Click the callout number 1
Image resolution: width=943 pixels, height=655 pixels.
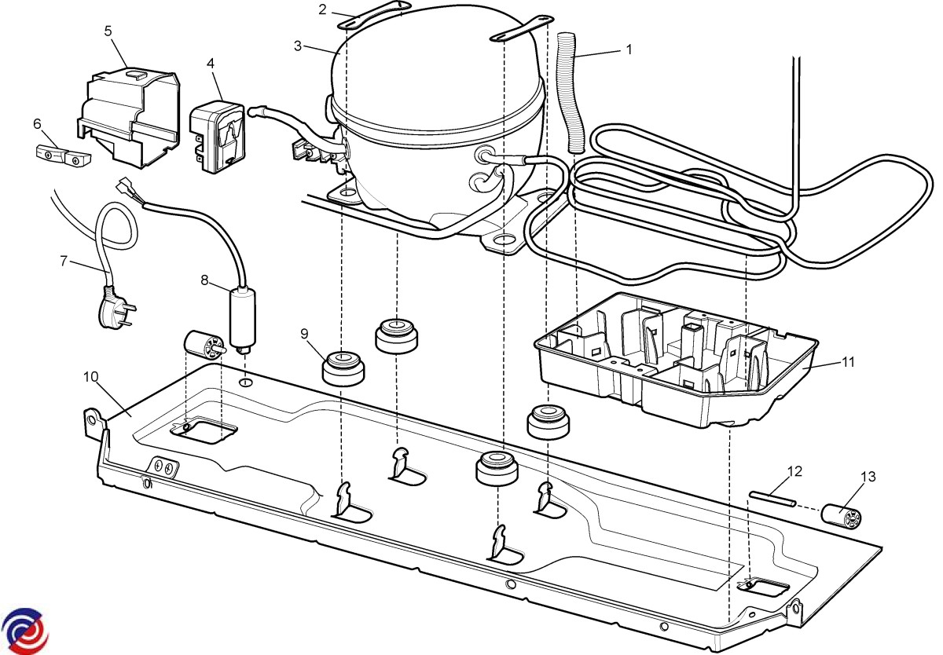tap(629, 49)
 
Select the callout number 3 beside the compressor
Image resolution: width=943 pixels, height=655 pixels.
tap(298, 46)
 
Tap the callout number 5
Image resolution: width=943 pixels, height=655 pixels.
tap(108, 31)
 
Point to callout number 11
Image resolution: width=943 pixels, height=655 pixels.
tap(848, 362)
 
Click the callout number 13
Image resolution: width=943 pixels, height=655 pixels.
tap(868, 477)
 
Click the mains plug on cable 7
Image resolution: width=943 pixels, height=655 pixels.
tap(112, 309)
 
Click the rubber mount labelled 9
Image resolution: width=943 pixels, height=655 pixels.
tap(343, 368)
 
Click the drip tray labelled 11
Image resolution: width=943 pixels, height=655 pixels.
tap(676, 361)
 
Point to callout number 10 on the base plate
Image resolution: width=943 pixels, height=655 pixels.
tap(90, 376)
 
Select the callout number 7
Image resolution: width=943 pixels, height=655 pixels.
tap(64, 261)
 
